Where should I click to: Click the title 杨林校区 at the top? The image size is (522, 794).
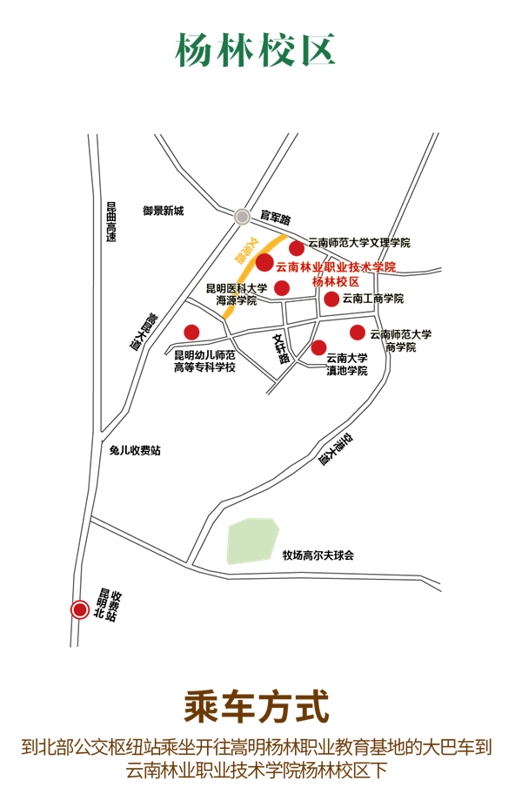click(x=256, y=50)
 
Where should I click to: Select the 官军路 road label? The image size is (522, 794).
click(x=275, y=214)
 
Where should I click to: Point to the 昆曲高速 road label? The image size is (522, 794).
click(x=111, y=222)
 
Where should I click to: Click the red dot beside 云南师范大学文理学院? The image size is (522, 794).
click(x=297, y=249)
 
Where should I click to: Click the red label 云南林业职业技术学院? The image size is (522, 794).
click(x=336, y=266)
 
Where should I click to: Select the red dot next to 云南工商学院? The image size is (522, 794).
click(x=331, y=299)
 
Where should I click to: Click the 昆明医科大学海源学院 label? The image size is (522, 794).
click(x=236, y=294)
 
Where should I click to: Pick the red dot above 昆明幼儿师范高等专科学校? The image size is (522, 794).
click(x=191, y=332)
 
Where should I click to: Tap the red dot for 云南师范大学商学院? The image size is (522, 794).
click(x=358, y=332)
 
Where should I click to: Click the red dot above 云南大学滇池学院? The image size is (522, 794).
click(x=319, y=347)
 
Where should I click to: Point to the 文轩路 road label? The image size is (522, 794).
click(x=280, y=348)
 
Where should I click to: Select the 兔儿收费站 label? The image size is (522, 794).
click(x=135, y=450)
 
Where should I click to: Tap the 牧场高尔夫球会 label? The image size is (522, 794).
click(x=318, y=555)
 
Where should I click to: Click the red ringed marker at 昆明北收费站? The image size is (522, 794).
click(x=80, y=610)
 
